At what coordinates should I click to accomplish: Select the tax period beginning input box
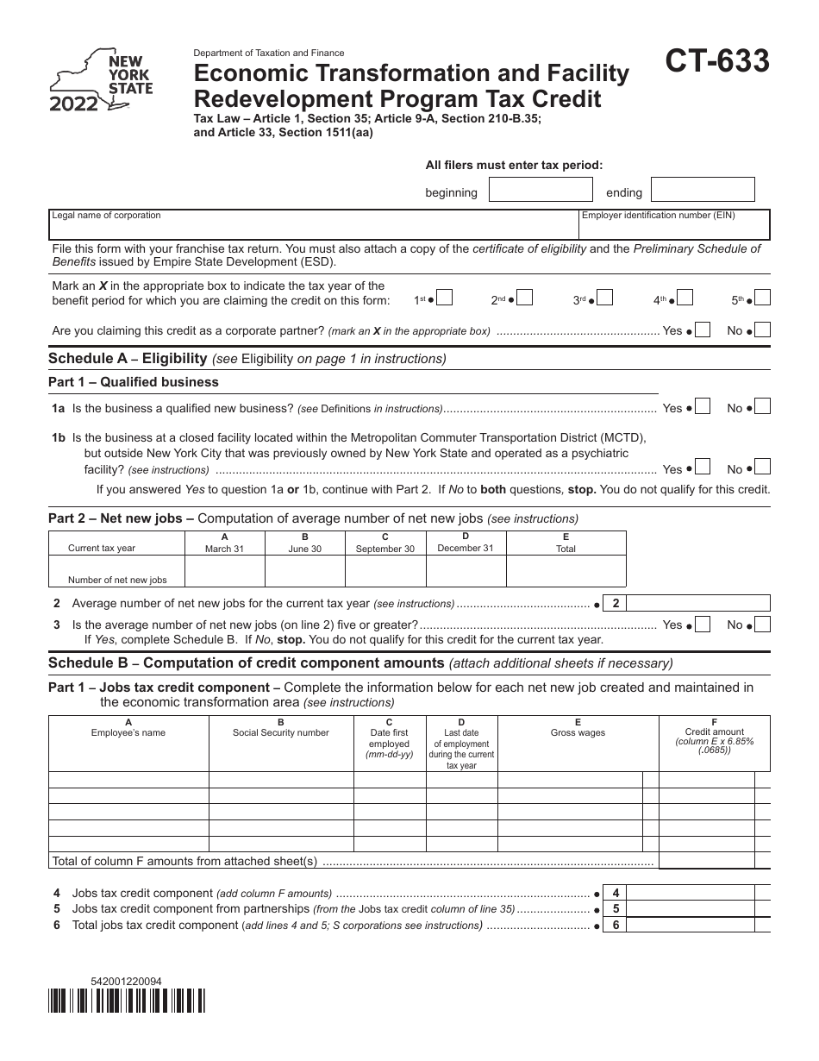541,191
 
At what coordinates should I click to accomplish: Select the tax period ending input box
702,191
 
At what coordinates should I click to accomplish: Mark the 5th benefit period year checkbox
762,298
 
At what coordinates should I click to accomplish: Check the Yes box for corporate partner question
703,330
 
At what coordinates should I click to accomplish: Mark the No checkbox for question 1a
762,407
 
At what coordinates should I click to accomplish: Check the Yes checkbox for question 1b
703,468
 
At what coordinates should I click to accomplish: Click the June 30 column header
304,543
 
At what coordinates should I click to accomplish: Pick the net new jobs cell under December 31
466,571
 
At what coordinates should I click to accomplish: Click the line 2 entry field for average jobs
699,604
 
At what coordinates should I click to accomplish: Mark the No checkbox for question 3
762,624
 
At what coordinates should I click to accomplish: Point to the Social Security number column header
281,732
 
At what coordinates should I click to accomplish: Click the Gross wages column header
578,732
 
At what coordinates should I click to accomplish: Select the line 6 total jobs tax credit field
699,925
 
